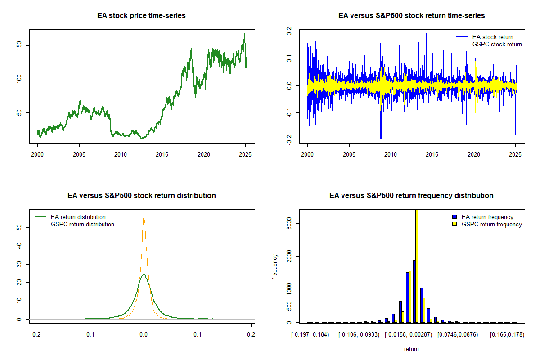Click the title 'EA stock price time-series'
[x=141, y=16]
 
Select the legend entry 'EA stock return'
[x=492, y=37]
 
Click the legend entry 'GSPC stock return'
[x=497, y=44]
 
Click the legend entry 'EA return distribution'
[x=78, y=217]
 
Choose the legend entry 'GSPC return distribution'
[x=82, y=224]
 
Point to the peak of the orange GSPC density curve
[x=144, y=216]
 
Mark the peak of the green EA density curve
[x=144, y=274]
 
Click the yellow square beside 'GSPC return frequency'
[x=454, y=224]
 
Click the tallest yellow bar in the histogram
[x=417, y=265]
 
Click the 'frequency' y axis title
[x=275, y=267]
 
